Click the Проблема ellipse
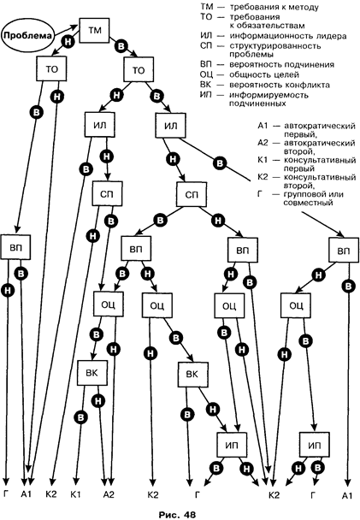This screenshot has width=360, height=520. coord(28,35)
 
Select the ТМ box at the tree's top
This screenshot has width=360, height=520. coord(94,31)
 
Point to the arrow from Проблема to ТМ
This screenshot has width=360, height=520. coord(65,30)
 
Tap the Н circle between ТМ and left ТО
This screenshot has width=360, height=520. coord(68,42)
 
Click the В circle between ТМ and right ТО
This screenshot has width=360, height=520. coord(121,46)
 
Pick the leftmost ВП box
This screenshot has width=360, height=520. coord(15,247)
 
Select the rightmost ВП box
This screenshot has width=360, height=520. coord(344,250)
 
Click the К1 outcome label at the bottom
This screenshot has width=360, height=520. coord(75,495)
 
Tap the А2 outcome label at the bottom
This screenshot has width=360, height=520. coord(109,495)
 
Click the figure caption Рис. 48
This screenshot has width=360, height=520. coord(177,514)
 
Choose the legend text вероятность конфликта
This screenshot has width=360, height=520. coord(279,85)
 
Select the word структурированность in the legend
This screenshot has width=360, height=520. coord(274,46)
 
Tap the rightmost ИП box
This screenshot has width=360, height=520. coord(315,445)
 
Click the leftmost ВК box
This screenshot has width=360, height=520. coord(92,373)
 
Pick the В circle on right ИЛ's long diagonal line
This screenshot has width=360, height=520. coord(220,163)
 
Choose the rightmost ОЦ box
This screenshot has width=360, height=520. coord(296,305)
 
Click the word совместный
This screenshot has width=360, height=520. coord(308,203)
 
